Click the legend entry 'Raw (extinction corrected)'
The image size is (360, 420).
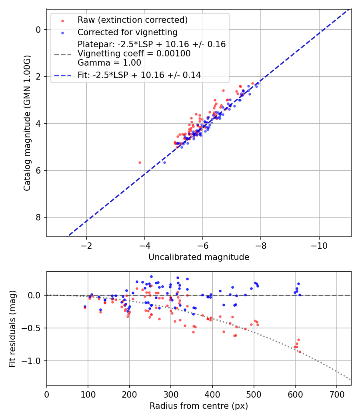click(x=132, y=20)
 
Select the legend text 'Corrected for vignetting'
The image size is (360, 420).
click(x=127, y=32)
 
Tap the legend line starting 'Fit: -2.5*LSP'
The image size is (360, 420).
click(x=139, y=75)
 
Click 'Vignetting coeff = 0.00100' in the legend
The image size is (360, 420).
click(x=134, y=53)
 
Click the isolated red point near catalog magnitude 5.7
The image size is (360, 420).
click(x=140, y=162)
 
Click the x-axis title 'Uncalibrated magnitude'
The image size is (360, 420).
click(x=199, y=257)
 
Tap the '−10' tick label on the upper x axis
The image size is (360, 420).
click(x=319, y=245)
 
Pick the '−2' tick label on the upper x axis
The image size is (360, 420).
click(x=86, y=245)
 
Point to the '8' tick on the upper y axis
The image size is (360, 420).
click(x=39, y=217)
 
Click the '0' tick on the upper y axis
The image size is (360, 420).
click(x=39, y=30)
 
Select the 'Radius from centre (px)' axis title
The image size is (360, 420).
click(x=199, y=406)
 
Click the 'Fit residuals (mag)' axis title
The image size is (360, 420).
click(x=12, y=329)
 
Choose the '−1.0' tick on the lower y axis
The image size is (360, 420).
click(x=34, y=361)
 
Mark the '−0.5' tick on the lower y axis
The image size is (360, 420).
click(x=34, y=328)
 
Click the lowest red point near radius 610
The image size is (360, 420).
click(x=300, y=352)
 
